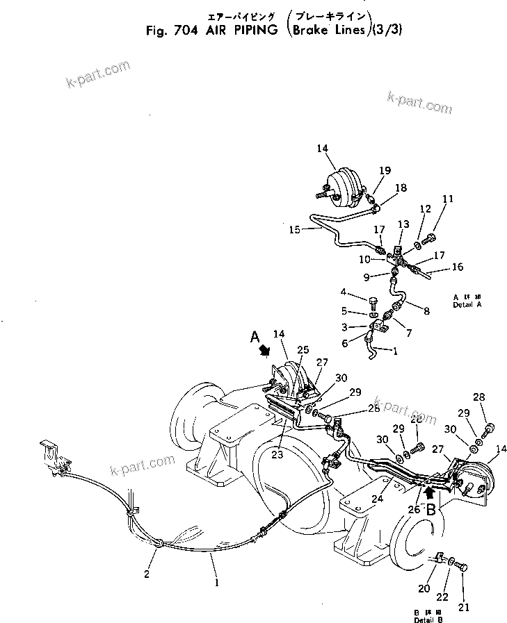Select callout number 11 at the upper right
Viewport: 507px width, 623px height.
(x=449, y=199)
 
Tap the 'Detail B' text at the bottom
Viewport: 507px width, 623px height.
(x=428, y=616)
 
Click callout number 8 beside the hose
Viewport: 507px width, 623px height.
(x=425, y=310)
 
